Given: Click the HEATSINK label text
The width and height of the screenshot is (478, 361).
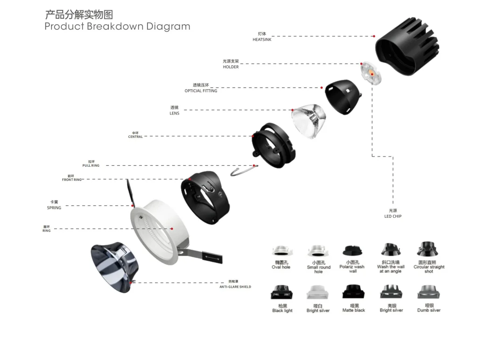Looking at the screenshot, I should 262,40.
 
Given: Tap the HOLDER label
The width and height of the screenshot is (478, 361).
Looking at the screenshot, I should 231,67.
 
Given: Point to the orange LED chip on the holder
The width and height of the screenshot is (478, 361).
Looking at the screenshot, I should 372,73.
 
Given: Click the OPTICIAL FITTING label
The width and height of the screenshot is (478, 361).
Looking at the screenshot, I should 201,91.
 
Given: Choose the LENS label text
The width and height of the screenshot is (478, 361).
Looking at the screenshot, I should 174,113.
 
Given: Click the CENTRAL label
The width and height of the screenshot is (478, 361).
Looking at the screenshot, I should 135,137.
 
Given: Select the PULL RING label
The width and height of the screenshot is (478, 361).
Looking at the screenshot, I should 91,165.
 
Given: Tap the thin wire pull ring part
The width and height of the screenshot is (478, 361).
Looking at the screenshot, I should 242,171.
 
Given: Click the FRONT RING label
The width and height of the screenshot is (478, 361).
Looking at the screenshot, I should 71,179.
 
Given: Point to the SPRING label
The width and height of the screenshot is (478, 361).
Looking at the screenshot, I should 54,207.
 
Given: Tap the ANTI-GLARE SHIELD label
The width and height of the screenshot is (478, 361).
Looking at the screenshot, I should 235,286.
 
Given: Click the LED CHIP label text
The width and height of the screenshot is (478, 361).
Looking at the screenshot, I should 393,216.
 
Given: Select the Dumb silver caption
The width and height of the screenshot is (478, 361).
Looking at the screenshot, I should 429,310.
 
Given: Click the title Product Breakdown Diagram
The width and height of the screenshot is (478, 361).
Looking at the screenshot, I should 117,26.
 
